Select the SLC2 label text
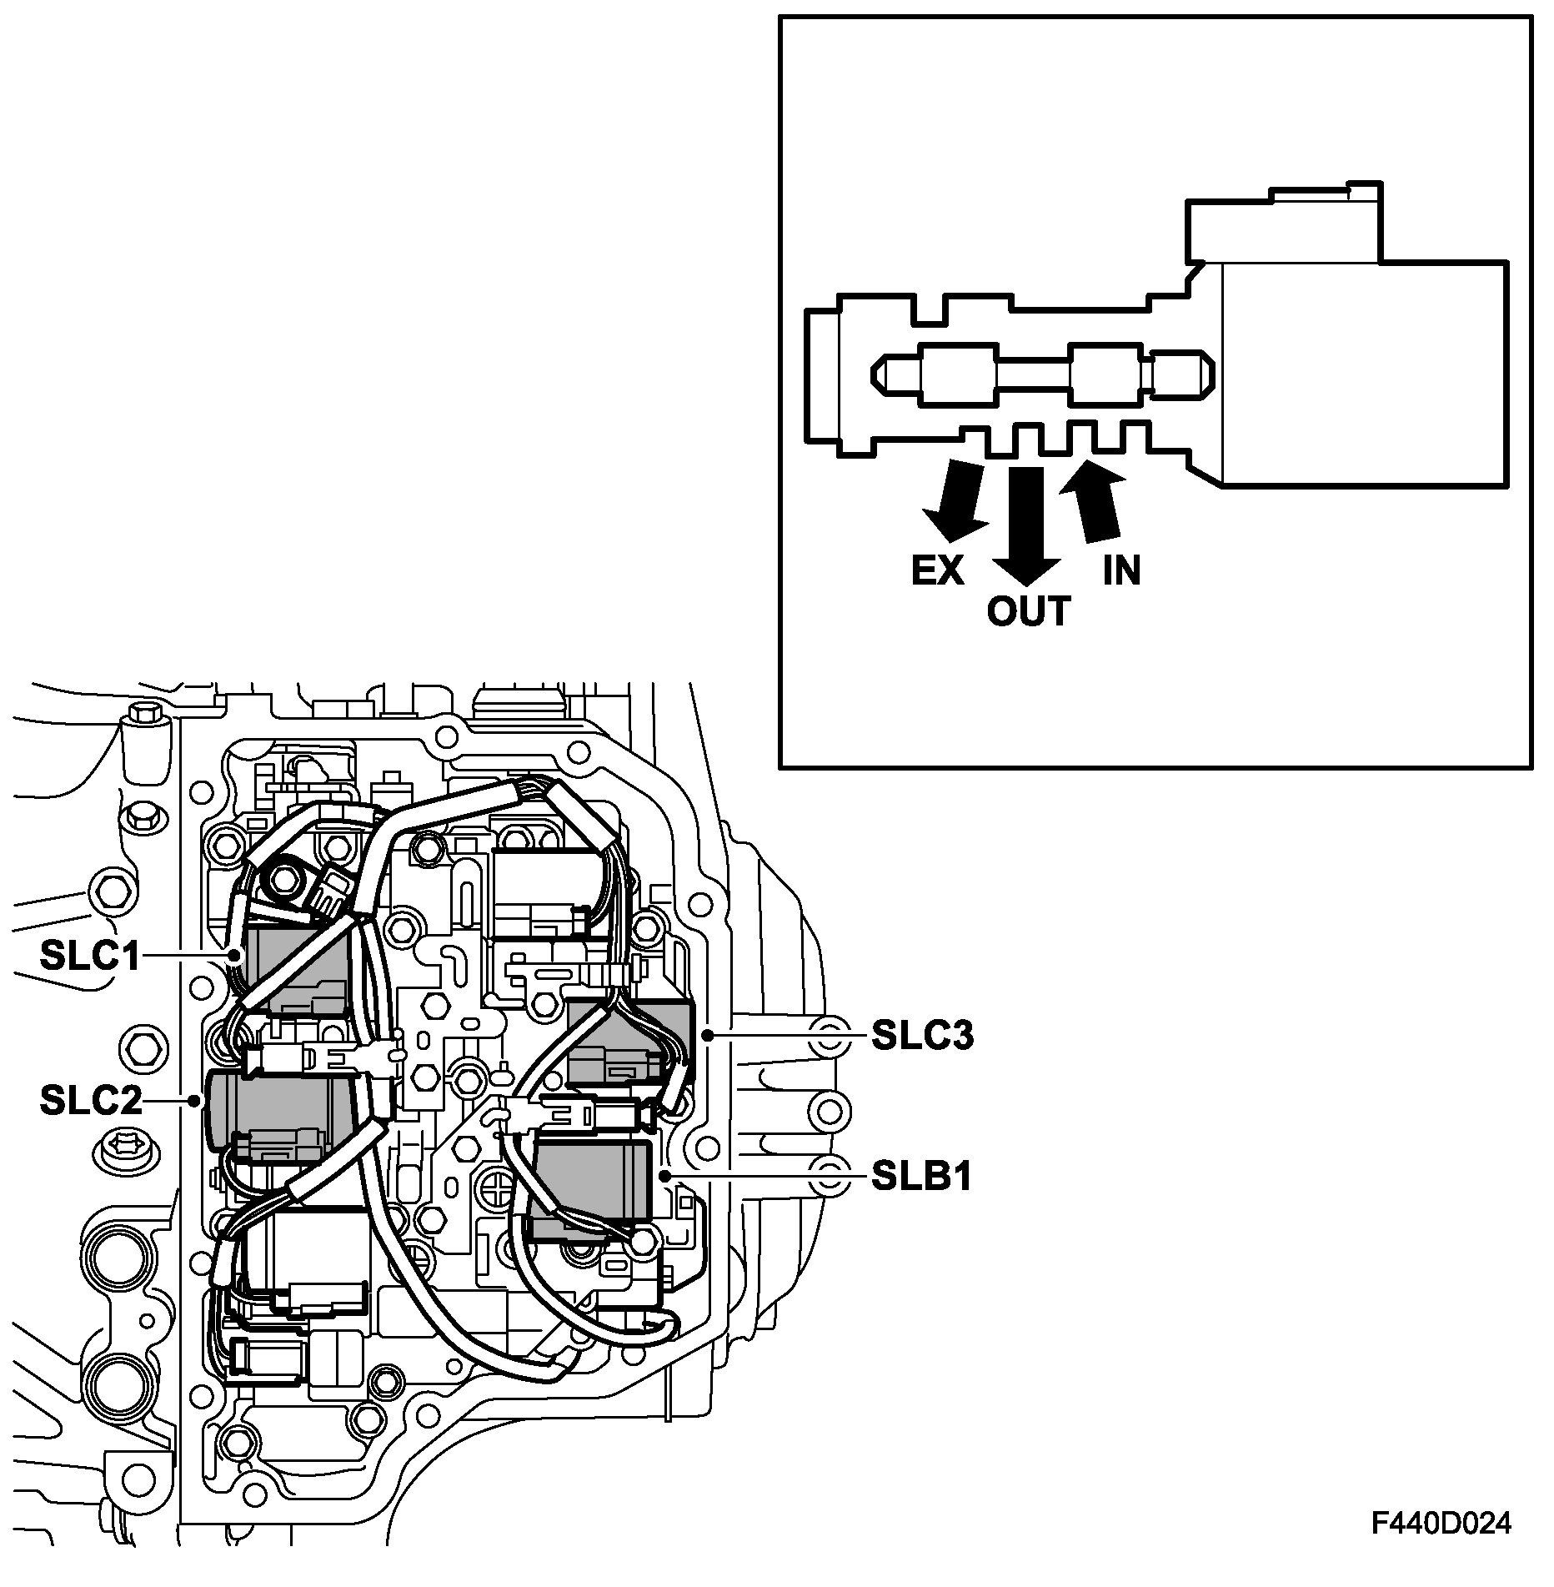pyautogui.click(x=90, y=1102)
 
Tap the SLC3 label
pyautogui.click(x=922, y=1037)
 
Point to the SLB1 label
pyautogui.click(x=922, y=1177)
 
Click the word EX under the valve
pyautogui.click(x=937, y=571)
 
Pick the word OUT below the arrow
pyautogui.click(x=1028, y=612)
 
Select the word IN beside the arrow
pyautogui.click(x=1121, y=570)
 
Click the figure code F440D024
pyautogui.click(x=1441, y=1523)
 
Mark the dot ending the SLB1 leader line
pyautogui.click(x=664, y=1176)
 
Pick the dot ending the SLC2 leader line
pyautogui.click(x=194, y=1102)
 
